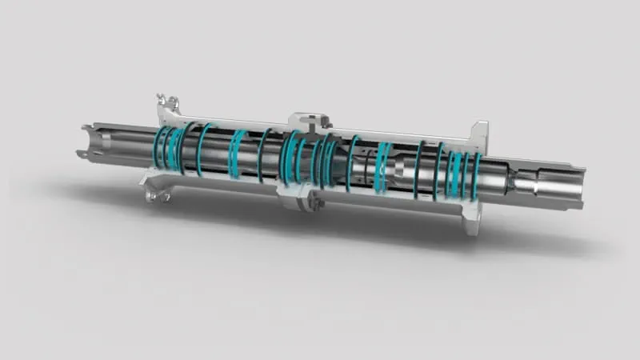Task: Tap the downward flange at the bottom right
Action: click(472, 216)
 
